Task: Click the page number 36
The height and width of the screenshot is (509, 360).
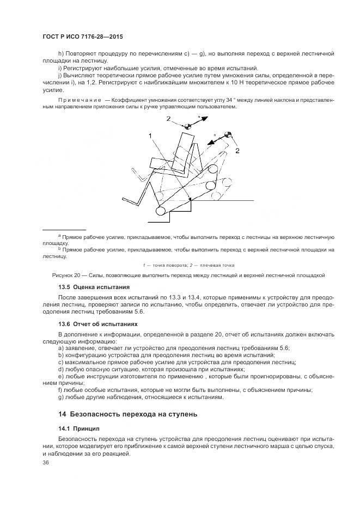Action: click(x=46, y=462)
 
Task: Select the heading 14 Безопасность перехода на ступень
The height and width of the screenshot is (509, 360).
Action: click(x=127, y=414)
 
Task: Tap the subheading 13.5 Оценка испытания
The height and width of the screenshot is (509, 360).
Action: click(x=94, y=286)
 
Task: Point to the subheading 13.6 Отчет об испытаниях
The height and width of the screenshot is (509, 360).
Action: click(x=97, y=323)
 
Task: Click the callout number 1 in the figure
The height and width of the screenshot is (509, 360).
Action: click(x=150, y=136)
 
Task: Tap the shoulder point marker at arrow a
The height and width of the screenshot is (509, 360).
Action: click(x=187, y=126)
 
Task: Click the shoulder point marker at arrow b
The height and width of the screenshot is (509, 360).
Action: click(x=228, y=134)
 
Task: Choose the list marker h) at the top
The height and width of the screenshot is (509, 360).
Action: click(x=60, y=54)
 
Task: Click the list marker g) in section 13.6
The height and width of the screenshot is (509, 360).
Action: click(x=60, y=397)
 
